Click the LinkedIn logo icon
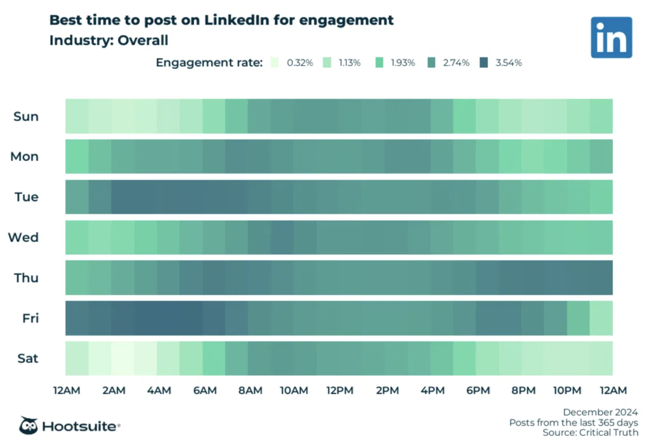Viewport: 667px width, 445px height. pos(611,37)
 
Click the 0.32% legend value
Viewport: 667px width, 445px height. pos(300,63)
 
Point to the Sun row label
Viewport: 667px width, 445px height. pos(26,117)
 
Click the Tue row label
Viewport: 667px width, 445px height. pos(26,197)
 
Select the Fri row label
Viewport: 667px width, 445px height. pos(29,318)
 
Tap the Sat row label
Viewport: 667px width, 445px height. pos(27,358)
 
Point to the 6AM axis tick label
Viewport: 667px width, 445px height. pos(205,390)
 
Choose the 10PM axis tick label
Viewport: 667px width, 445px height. pos(567,390)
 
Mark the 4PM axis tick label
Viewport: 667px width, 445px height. pos(433,390)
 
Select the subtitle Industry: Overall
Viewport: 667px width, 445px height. pos(109,40)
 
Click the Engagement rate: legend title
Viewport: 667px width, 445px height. pos(209,63)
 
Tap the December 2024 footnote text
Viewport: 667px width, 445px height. pos(601,412)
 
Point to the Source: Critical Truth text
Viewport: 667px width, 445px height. pos(591,432)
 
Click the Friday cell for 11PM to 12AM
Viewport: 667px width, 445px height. pos(601,318)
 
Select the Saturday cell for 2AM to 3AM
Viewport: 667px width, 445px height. pos(122,358)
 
